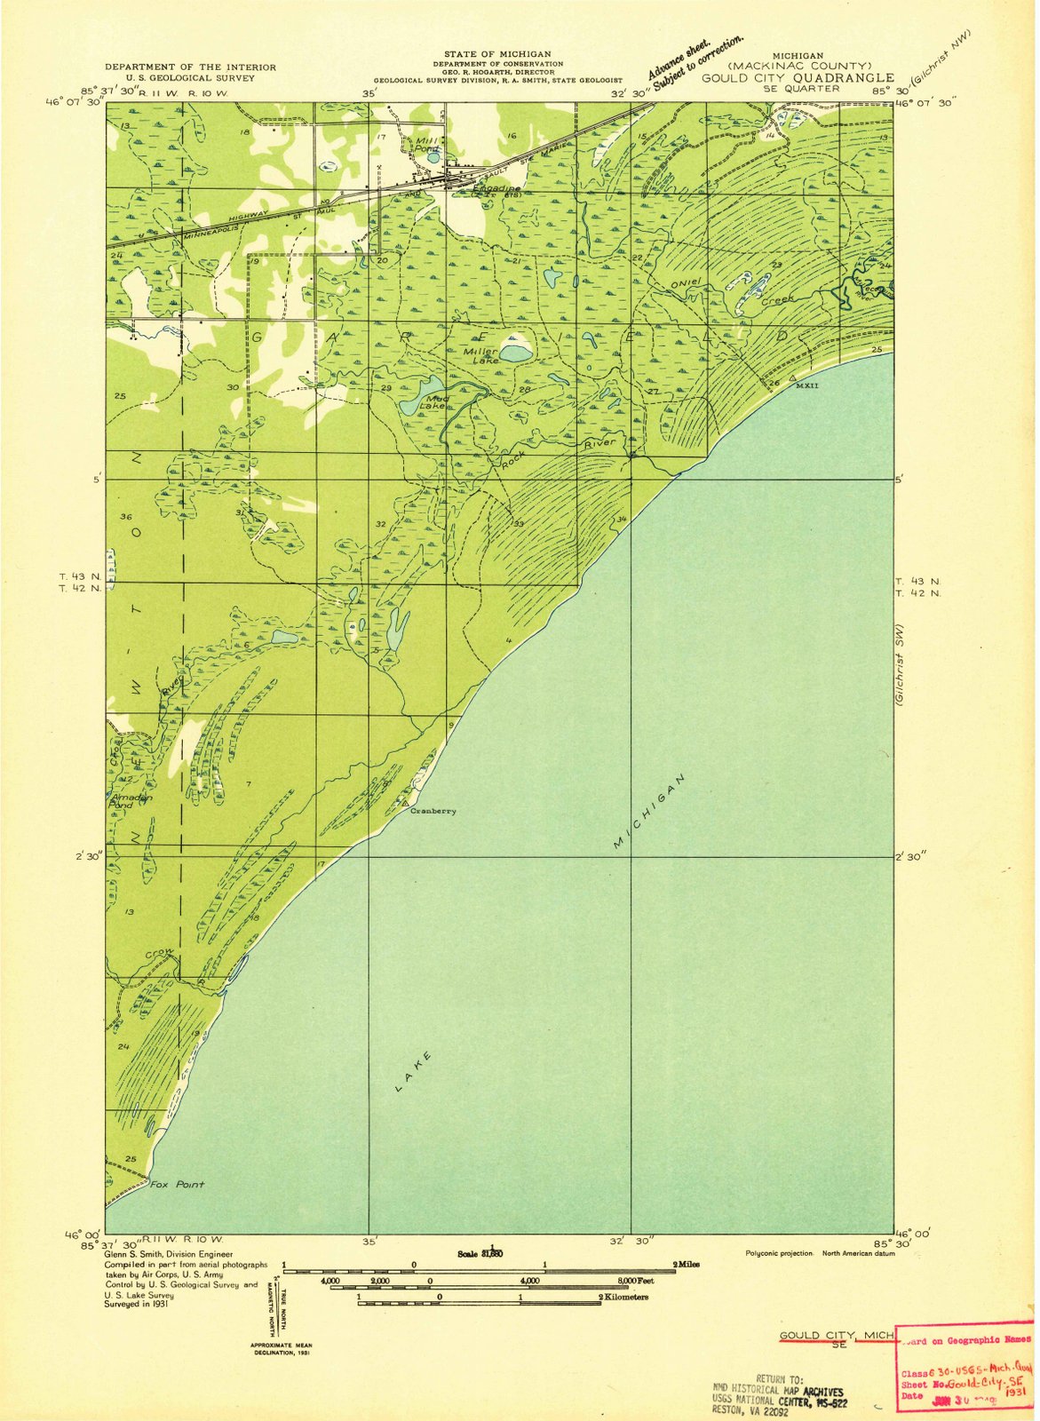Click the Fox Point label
pos(177,1184)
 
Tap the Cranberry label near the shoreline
pos(433,811)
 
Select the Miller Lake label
pos(480,355)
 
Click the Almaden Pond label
pos(131,801)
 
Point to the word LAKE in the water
pos(413,1070)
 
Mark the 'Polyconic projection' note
pos(777,1253)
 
